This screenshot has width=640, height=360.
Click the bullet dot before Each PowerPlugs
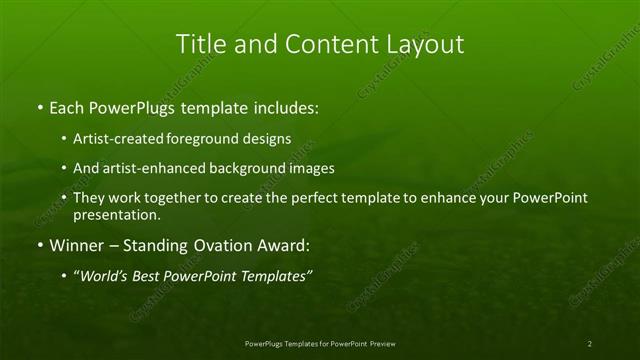[39, 105]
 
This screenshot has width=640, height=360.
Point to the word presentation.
[116, 214]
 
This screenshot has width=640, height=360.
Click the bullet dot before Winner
[39, 245]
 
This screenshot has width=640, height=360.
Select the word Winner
[76, 245]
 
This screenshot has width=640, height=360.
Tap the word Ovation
[221, 245]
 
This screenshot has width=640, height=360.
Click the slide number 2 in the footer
[590, 343]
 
